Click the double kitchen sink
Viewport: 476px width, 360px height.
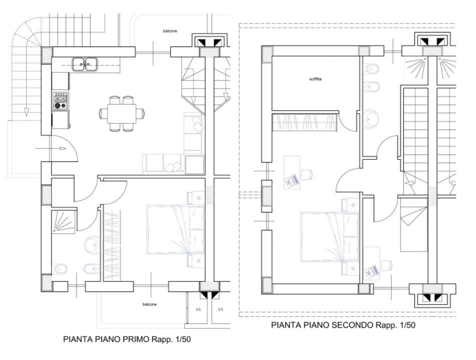point(85,64)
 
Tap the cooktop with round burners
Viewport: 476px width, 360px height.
point(60,100)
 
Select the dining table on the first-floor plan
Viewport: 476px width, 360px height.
point(122,113)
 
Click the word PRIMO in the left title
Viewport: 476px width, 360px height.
point(136,339)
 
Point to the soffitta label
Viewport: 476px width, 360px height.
point(315,79)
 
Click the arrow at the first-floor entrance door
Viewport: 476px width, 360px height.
point(51,148)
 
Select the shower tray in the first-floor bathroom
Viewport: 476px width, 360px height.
point(63,222)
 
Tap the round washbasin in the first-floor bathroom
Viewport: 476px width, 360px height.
point(92,245)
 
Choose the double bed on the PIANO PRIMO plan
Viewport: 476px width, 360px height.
point(176,229)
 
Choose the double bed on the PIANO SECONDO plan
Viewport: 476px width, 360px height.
point(330,237)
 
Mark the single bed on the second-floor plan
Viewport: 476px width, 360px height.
point(414,224)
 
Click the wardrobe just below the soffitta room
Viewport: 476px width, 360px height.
point(305,122)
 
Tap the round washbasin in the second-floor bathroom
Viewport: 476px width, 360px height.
point(371,119)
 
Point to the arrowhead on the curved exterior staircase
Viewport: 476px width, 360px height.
point(27,112)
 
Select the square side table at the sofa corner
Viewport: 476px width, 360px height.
point(195,164)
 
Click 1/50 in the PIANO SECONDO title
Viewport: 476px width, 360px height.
point(407,325)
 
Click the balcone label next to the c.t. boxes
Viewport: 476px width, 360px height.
point(149,304)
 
